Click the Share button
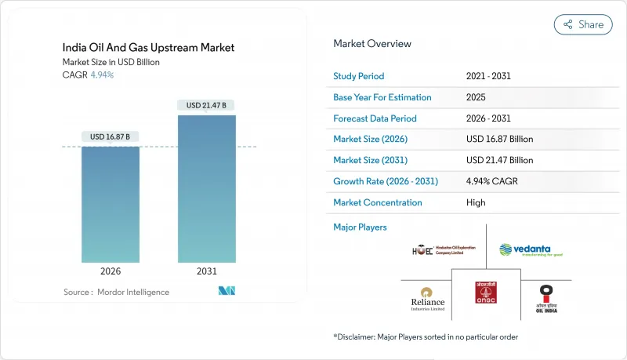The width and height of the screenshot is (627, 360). click(x=583, y=24)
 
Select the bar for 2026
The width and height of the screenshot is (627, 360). click(x=111, y=204)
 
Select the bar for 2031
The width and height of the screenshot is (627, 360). click(x=206, y=188)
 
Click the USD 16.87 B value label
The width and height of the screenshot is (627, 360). click(x=111, y=136)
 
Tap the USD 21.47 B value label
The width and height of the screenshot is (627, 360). click(x=206, y=105)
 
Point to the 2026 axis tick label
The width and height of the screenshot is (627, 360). click(x=111, y=271)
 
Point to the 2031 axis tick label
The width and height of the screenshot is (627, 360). click(x=206, y=271)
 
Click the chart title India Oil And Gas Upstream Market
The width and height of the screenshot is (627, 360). click(x=148, y=48)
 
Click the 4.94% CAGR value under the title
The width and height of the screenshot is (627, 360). click(x=102, y=75)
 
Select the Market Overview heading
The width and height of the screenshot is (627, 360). click(x=372, y=44)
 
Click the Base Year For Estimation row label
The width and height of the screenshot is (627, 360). click(x=382, y=97)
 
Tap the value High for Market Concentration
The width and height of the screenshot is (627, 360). click(x=475, y=202)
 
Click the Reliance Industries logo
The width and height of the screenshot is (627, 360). click(x=426, y=298)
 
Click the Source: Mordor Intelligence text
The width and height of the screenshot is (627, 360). click(x=116, y=292)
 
